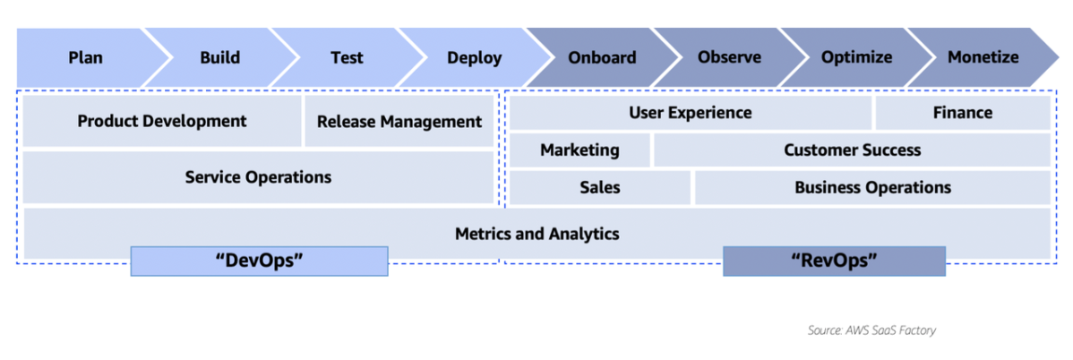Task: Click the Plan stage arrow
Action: (x=86, y=58)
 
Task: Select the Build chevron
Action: (x=219, y=58)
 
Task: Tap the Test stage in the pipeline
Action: (x=347, y=58)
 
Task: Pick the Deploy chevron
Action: (x=475, y=58)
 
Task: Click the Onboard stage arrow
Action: (x=602, y=58)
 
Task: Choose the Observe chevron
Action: (x=729, y=58)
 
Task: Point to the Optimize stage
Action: (x=856, y=58)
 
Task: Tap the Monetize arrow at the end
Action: (x=983, y=58)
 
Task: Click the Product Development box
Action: (x=161, y=121)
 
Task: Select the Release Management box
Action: (x=399, y=122)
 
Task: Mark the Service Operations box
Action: (x=258, y=177)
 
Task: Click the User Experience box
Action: (x=690, y=113)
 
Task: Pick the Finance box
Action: (x=963, y=113)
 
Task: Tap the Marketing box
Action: (x=579, y=150)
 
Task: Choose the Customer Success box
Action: (x=852, y=150)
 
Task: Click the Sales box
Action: (x=599, y=188)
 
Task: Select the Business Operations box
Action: (x=872, y=188)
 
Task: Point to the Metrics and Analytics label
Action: (x=536, y=234)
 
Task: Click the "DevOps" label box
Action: (x=260, y=261)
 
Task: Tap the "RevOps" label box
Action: (x=834, y=261)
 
